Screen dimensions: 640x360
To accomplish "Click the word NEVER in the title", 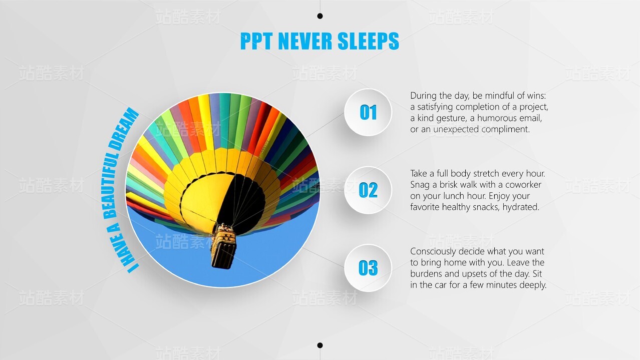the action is click(x=305, y=41).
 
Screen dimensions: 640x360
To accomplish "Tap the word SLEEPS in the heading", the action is click(x=368, y=41).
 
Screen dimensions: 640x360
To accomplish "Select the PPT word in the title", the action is click(x=256, y=41).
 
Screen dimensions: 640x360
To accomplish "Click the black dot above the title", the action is click(x=320, y=16).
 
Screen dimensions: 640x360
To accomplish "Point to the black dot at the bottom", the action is click(x=320, y=345).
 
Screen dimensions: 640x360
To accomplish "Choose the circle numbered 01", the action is click(x=368, y=112).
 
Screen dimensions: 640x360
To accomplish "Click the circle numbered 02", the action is click(x=368, y=190).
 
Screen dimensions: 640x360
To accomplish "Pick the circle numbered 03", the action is click(x=368, y=268).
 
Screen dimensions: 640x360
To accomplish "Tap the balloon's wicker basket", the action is click(x=223, y=246).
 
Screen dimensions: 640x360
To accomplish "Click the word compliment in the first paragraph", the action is click(x=505, y=129).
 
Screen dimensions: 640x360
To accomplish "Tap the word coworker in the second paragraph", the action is click(x=523, y=185).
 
